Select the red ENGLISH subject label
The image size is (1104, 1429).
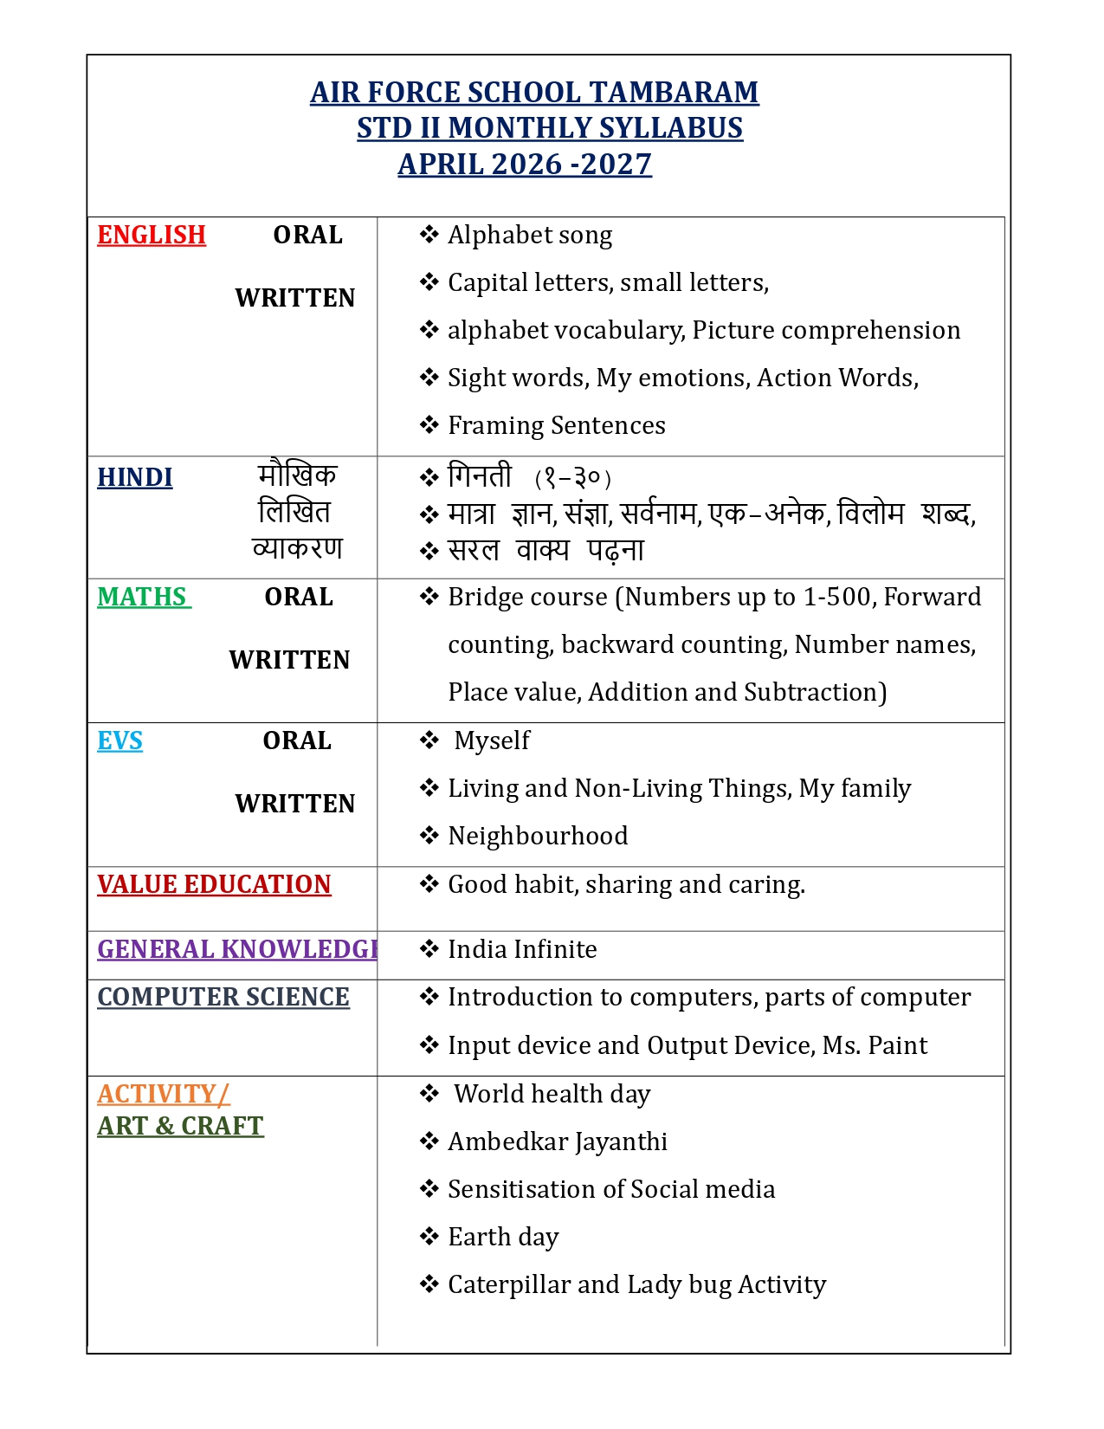pos(152,235)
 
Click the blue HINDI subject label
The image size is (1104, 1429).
pos(135,477)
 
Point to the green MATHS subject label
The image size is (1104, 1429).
pos(143,597)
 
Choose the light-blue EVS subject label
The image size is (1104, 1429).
pos(120,740)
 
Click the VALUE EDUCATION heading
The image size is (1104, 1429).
pos(214,884)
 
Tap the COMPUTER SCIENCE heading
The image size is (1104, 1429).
pos(223,997)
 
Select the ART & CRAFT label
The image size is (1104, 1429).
pos(180,1126)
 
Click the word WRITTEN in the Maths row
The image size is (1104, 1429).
pos(289,660)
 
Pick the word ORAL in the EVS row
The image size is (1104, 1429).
pos(297,740)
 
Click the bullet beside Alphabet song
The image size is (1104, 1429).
pos(429,235)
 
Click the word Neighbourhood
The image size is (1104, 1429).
pos(538,836)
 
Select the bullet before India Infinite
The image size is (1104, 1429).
pos(429,949)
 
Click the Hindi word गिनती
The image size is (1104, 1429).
pos(480,476)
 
